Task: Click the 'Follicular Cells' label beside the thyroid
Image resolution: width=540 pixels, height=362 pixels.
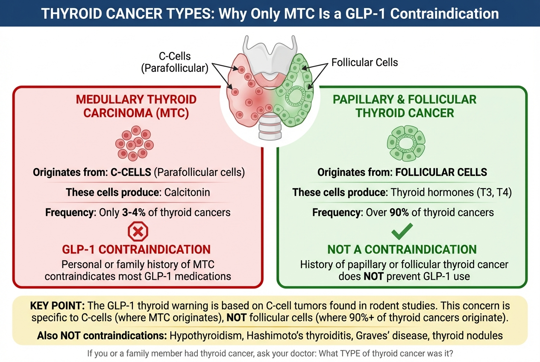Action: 364,62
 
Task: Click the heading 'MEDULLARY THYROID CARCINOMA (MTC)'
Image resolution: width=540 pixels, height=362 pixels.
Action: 136,106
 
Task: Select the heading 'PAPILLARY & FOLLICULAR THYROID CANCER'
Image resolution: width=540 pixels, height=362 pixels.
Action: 405,106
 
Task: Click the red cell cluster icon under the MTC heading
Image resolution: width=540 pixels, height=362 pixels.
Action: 135,143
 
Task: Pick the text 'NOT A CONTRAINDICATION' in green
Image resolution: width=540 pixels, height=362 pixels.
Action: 402,250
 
